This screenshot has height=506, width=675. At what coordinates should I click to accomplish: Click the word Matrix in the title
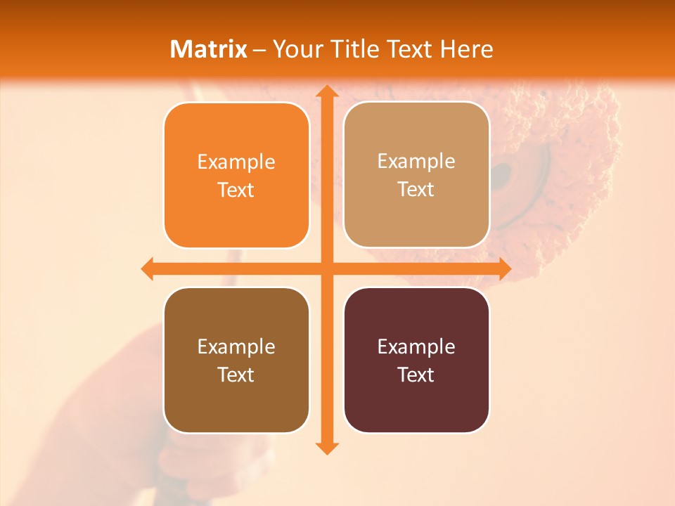click(x=208, y=49)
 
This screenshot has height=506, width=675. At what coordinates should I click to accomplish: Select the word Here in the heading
click(x=466, y=49)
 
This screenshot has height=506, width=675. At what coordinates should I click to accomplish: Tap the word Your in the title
click(x=295, y=49)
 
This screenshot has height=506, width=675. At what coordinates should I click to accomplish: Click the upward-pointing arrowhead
click(x=326, y=91)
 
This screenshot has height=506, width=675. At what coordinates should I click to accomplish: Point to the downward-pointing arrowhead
click(x=326, y=448)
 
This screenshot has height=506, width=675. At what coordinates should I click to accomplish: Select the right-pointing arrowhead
click(x=505, y=268)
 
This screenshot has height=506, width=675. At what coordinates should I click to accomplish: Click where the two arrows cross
click(x=326, y=268)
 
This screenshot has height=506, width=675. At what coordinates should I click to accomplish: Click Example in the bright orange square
click(x=236, y=162)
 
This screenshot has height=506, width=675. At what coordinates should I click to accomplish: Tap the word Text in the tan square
click(x=416, y=190)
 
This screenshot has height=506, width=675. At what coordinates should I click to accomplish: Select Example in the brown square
click(x=236, y=347)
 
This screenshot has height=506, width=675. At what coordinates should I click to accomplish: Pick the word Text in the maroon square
click(x=416, y=375)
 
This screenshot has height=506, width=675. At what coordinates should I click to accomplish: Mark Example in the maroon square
click(x=416, y=347)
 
